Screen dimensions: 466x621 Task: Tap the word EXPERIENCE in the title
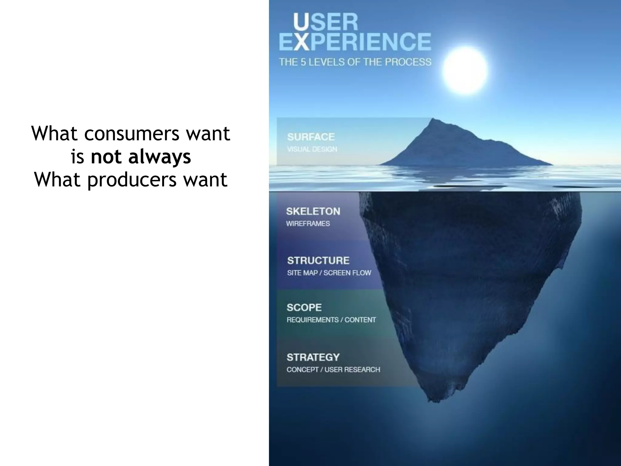click(355, 42)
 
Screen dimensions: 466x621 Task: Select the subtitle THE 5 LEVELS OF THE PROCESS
click(355, 62)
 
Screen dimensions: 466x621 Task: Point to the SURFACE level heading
click(311, 137)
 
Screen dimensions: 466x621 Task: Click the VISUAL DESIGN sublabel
click(312, 149)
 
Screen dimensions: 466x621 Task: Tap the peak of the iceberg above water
click(433, 120)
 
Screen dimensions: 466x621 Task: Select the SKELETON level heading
click(313, 211)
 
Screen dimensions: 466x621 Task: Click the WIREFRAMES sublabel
click(308, 224)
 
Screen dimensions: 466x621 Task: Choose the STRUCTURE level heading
click(318, 260)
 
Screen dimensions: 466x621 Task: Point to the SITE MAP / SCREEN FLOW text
click(329, 273)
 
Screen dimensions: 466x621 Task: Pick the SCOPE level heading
click(304, 307)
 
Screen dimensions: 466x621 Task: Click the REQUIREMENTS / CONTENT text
click(331, 320)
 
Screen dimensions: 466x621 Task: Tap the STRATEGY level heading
click(313, 357)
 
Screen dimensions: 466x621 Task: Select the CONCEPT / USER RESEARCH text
click(333, 370)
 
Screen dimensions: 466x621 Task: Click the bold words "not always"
click(141, 157)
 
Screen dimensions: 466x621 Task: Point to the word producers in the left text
click(132, 180)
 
